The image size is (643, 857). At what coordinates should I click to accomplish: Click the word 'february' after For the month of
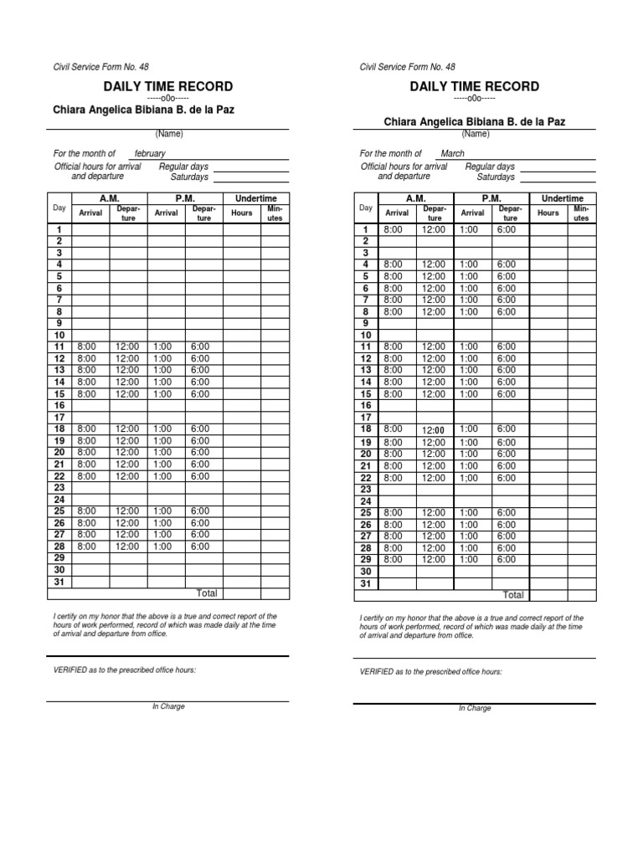point(150,154)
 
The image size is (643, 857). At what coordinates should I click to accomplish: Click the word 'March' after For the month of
point(452,154)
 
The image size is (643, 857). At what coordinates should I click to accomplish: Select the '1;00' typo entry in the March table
point(469,478)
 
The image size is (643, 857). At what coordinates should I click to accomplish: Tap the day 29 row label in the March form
point(365,559)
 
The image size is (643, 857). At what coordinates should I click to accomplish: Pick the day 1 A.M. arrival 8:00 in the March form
point(393,229)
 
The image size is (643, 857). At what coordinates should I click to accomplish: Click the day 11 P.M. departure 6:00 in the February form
point(200,346)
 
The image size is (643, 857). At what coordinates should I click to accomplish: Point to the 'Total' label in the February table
point(207,593)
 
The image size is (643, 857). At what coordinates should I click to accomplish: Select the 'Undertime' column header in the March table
point(562,198)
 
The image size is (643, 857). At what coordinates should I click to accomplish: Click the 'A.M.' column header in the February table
point(110,198)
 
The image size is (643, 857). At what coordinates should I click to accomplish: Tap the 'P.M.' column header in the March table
point(491,198)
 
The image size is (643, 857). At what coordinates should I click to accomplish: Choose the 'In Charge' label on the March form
point(475,708)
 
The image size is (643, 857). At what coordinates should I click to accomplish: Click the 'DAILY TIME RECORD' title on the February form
point(168,87)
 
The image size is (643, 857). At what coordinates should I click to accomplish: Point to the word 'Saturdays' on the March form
point(496,177)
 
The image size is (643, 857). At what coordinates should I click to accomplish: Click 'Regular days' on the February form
point(183,167)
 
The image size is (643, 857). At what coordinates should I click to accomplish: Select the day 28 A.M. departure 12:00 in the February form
point(127,546)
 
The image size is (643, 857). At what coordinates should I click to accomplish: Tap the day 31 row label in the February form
point(59,582)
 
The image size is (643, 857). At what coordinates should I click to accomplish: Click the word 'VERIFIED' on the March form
point(377,672)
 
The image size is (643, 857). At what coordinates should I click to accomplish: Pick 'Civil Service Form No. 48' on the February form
point(101,67)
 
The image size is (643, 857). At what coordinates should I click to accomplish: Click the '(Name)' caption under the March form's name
point(475,134)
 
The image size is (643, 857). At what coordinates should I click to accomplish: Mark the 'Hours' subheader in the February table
point(242,213)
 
